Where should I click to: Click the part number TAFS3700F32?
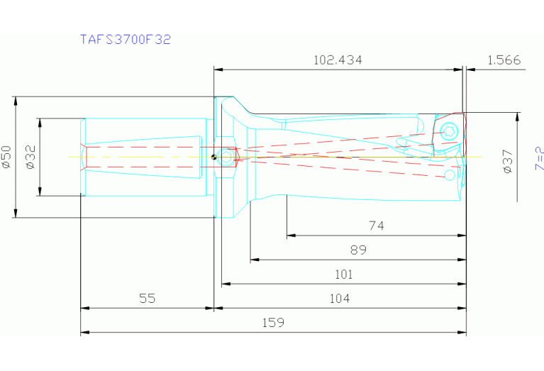point(125,40)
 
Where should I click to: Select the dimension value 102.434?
point(338,60)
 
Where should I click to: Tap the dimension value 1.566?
point(504,60)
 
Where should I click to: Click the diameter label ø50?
point(6,156)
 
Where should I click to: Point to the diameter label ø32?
point(30,156)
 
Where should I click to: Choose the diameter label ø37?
point(508,161)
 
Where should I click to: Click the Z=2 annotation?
point(539,158)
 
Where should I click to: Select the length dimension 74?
point(376,226)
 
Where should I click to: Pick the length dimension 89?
point(358,250)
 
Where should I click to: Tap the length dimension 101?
point(343,275)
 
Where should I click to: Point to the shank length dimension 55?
point(147,299)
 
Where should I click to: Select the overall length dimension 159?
point(273,322)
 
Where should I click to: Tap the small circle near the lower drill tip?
point(450,174)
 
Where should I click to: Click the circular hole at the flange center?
point(226,157)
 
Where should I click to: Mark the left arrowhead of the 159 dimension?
point(84,332)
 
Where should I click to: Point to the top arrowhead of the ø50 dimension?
point(16,100)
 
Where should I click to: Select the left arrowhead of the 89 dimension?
point(254,260)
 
